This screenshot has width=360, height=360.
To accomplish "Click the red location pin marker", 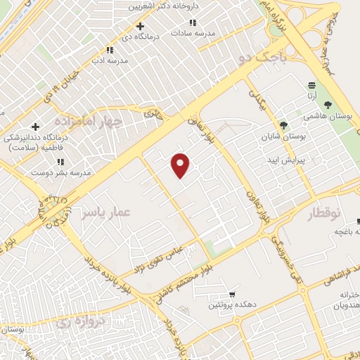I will point(181,165).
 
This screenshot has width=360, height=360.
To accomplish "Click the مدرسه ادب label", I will point(109,61).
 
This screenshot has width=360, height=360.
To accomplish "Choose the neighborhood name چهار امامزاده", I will point(94,121).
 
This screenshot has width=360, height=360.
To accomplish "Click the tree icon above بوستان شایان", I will point(283,124).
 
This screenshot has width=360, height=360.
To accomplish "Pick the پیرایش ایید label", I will point(289,160).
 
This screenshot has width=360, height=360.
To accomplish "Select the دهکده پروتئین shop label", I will point(231,306).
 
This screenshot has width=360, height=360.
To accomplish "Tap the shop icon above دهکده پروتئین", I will point(232,295).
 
